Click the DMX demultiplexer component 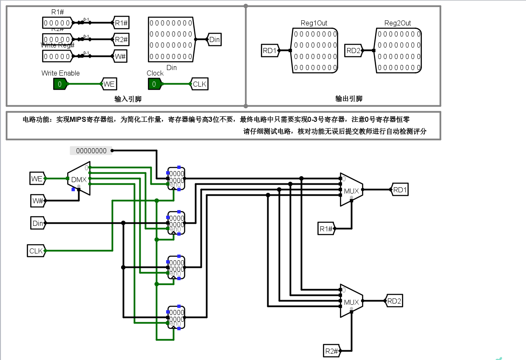(79, 179)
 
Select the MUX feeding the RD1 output (351, 190)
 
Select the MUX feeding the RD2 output (351, 301)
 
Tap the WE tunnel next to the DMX (37, 179)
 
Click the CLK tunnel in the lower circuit (36, 251)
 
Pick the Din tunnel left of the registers (37, 223)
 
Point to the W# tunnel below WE (37, 200)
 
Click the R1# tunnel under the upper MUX (326, 229)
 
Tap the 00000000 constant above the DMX (91, 150)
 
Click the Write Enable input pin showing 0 (60, 84)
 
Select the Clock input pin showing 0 (154, 84)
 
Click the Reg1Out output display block (315, 51)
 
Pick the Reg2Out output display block (399, 51)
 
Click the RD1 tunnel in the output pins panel (269, 51)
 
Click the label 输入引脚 (128, 99)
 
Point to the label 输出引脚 (349, 99)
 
